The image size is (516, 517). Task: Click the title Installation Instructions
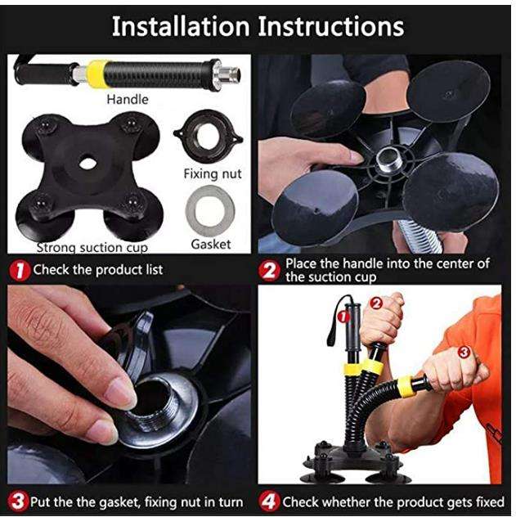point(258,26)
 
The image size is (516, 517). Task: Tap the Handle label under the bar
point(128,99)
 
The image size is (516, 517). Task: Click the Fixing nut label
point(213,173)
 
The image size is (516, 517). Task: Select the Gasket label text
point(211,245)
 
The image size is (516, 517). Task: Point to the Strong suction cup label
point(92,248)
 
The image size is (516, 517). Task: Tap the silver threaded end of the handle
point(228,75)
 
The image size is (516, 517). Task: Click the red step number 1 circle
point(20,271)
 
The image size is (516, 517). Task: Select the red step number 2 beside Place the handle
point(269,271)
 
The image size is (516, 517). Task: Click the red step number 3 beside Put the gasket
point(18,501)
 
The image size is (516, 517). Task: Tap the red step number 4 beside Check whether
point(269,501)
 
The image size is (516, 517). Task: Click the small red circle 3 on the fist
point(464,352)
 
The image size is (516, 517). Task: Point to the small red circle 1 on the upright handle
point(343,317)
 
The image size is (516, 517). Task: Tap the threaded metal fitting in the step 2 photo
point(389,160)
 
